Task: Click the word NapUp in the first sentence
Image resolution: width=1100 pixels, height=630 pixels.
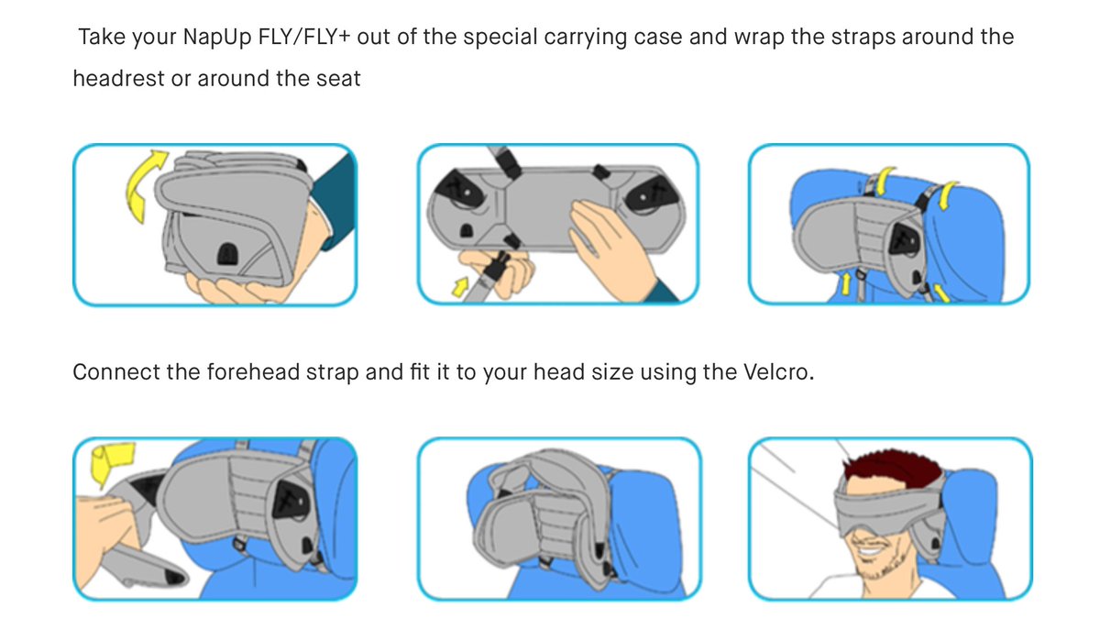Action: tap(216, 38)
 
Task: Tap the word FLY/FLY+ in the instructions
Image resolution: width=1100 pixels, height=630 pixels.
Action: tap(304, 37)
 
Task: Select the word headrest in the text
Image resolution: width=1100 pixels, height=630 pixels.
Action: tap(118, 79)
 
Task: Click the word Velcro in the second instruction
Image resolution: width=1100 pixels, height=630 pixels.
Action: tap(779, 372)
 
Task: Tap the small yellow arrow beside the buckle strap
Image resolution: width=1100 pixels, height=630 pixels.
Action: tap(460, 286)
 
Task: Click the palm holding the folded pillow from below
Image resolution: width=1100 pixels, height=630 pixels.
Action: tap(231, 290)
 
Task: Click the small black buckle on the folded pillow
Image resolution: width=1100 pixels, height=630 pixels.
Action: tap(225, 254)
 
